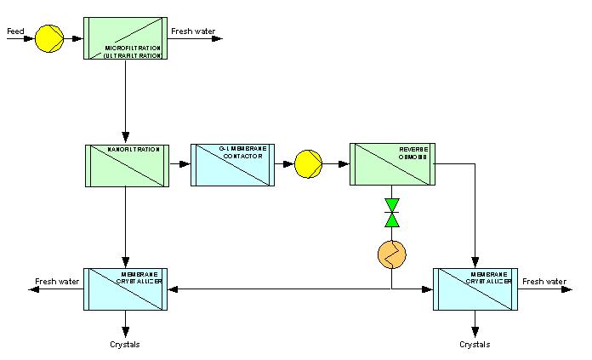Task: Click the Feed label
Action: click(x=15, y=31)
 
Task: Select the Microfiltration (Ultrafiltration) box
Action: click(x=126, y=38)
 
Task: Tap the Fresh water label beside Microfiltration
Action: click(x=193, y=31)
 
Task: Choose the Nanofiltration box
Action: click(x=126, y=165)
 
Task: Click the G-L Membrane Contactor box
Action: click(x=231, y=165)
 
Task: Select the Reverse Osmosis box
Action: click(x=391, y=164)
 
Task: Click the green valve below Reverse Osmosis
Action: click(x=391, y=213)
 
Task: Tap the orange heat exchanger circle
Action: click(x=391, y=253)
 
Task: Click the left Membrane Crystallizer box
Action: click(x=126, y=289)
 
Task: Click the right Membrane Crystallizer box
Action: click(x=475, y=289)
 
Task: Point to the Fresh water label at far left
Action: click(x=57, y=282)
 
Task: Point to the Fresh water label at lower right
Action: click(x=544, y=282)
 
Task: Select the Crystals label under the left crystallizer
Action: click(x=125, y=345)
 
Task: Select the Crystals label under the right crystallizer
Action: click(x=475, y=345)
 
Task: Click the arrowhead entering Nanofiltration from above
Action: click(x=126, y=139)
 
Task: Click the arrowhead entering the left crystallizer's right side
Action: click(x=173, y=289)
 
